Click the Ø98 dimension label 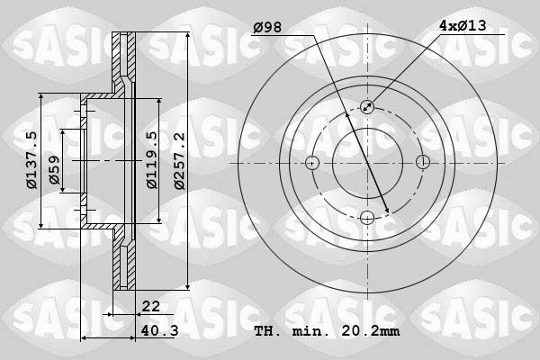[x=268, y=28]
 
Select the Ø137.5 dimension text [x=31, y=160]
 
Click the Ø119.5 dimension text [x=152, y=160]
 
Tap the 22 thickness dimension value [x=150, y=307]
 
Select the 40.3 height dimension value [x=158, y=332]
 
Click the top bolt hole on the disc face [x=367, y=108]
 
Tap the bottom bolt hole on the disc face [x=367, y=218]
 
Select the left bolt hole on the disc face [x=312, y=163]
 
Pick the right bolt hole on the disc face [x=422, y=163]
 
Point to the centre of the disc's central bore [x=367, y=163]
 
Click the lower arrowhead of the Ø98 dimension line [x=387, y=211]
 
